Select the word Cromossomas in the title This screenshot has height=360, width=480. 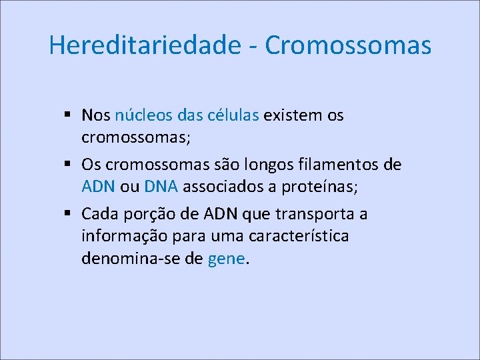pos(348,45)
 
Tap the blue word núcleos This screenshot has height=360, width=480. pos(144,115)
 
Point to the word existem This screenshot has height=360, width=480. pos(292,115)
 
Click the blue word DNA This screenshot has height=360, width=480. pos(160,187)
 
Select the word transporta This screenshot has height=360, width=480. pos(313,215)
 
